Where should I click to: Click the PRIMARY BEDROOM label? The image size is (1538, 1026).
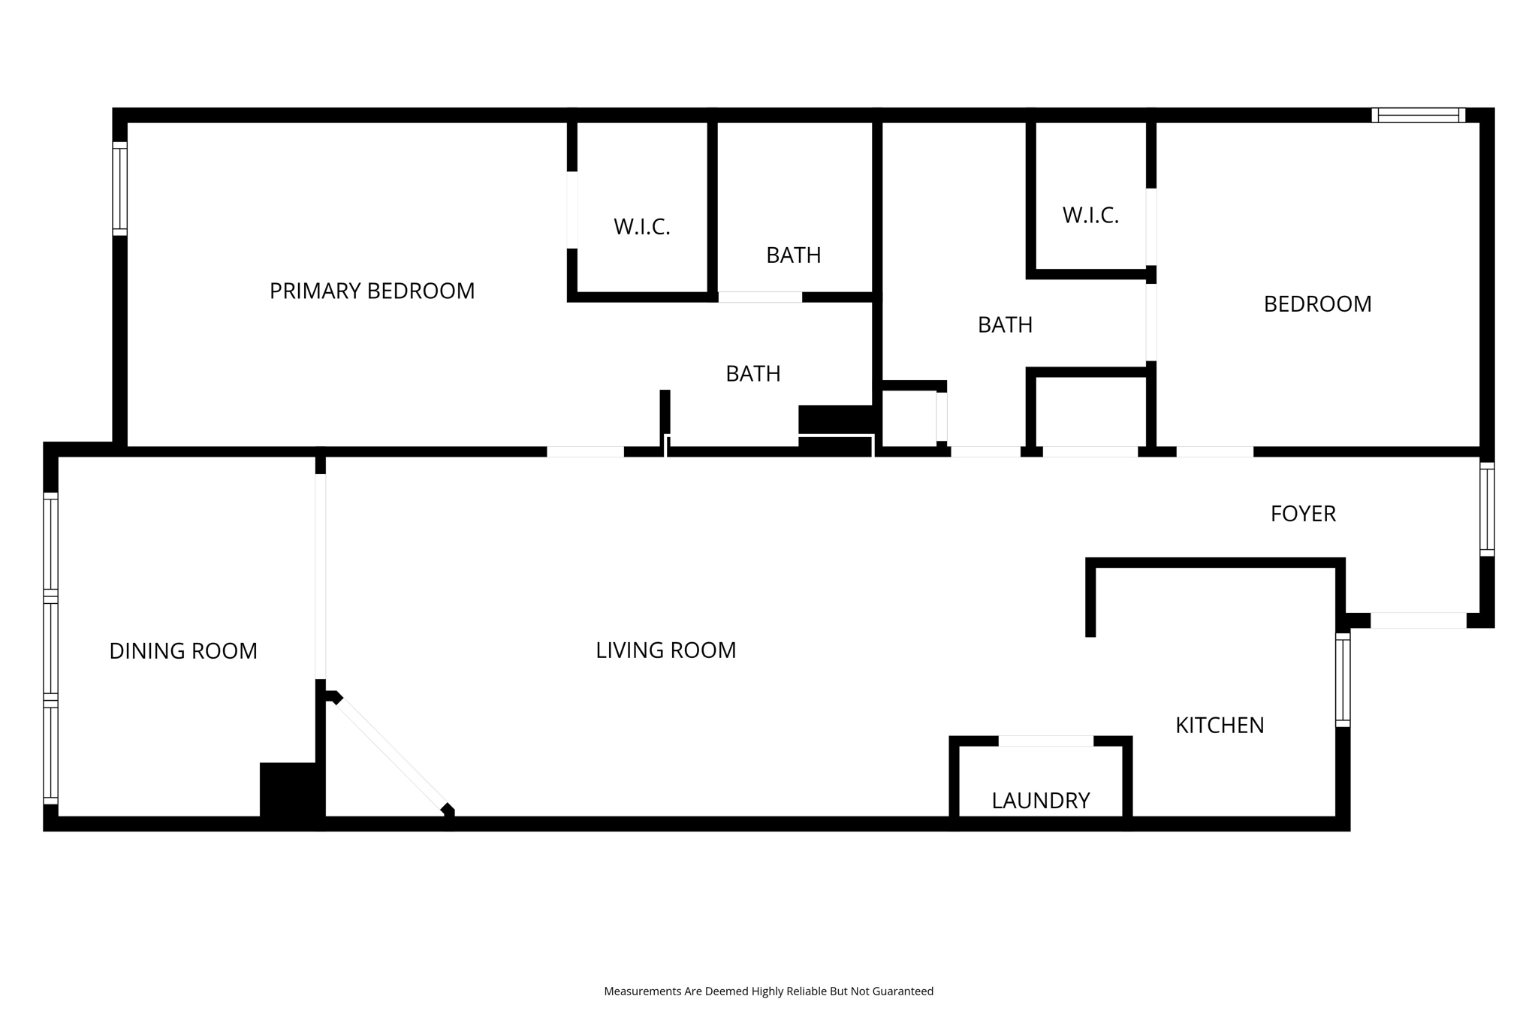372,291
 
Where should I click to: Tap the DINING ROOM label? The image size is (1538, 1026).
183,651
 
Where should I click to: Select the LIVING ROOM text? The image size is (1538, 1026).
665,650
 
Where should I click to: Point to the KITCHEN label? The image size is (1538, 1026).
1220,726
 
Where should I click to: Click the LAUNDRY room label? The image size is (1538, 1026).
1040,801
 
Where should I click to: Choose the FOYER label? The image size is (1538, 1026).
1303,514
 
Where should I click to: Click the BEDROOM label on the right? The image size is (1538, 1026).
1317,304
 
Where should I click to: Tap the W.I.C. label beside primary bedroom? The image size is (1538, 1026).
641,227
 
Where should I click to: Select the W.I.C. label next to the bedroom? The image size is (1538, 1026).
1090,216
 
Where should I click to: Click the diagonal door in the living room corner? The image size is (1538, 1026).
391,753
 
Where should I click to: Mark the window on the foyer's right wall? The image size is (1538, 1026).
1486,509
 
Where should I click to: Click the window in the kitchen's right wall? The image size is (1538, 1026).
1342,680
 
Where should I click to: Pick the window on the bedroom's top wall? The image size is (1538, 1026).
1418,115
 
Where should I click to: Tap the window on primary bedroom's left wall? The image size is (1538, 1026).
120,188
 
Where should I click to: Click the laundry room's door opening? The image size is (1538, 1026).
1045,741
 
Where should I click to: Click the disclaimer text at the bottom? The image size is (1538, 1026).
768,991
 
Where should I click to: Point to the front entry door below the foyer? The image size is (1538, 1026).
1418,620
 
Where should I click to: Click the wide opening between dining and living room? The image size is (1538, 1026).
321,576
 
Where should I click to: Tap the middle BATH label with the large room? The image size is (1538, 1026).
1005,325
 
